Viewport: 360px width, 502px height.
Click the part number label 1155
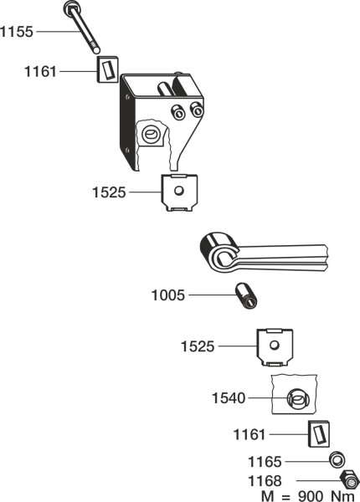(17, 32)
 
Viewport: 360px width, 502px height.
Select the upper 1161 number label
(40, 71)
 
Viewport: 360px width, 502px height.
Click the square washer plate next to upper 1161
(108, 69)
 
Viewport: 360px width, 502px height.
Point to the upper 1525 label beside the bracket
(109, 192)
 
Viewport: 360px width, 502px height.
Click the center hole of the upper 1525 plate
(178, 191)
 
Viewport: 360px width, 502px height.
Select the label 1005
(168, 295)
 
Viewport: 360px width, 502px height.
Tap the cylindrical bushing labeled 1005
(246, 296)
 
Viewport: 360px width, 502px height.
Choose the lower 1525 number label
(198, 346)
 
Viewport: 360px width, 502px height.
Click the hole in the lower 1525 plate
(275, 345)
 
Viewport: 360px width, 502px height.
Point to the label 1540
(229, 398)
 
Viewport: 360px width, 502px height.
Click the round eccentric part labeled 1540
(298, 399)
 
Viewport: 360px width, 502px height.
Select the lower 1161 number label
(249, 435)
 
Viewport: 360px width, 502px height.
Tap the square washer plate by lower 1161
(319, 433)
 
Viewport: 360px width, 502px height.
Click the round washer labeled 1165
(337, 460)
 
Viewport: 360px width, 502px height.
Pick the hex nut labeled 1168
(349, 479)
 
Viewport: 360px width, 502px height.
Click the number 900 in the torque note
(311, 496)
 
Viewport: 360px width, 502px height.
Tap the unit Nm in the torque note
(342, 496)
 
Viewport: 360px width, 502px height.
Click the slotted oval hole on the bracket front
(150, 134)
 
